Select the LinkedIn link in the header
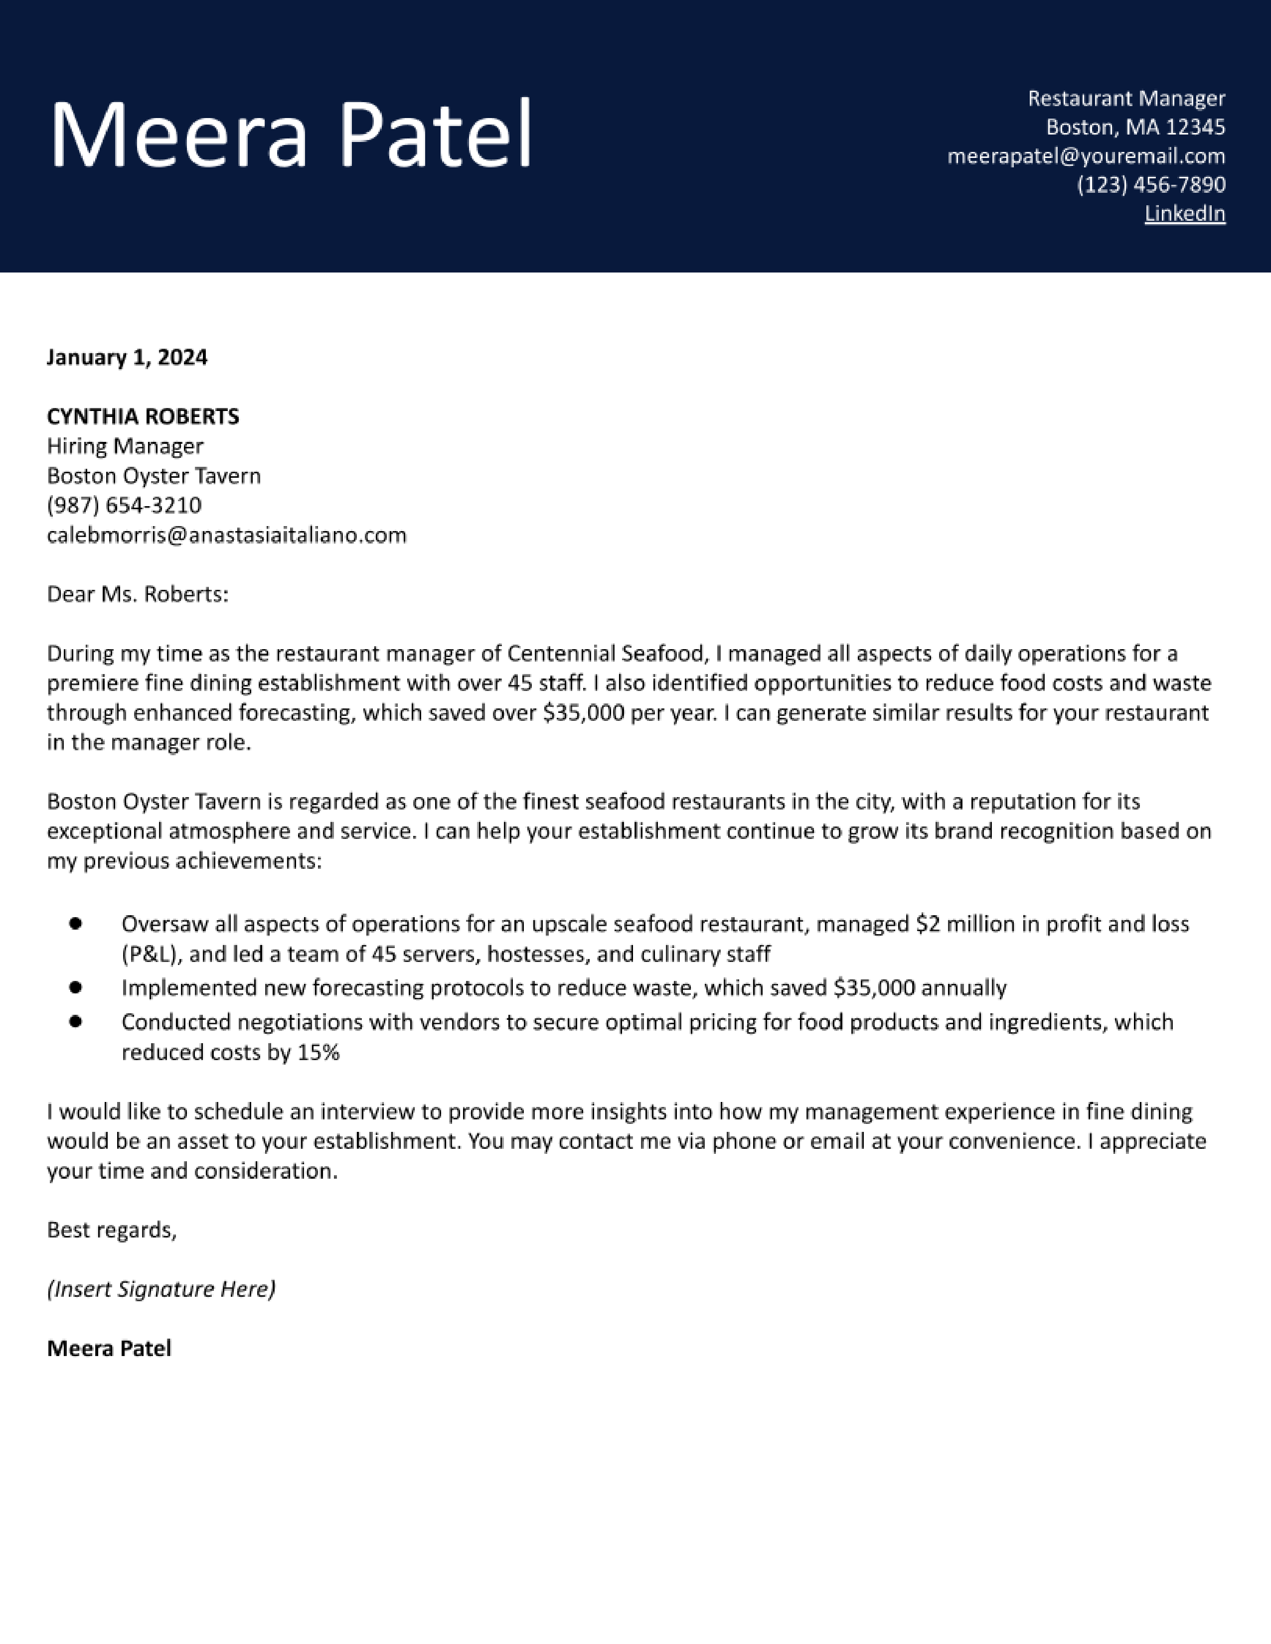tap(1184, 214)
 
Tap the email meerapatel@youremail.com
tap(1086, 156)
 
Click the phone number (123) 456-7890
tap(1150, 184)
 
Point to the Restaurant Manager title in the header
tap(1126, 98)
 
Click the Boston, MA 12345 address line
tap(1135, 127)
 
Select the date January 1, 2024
tap(127, 357)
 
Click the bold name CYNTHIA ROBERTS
tap(143, 416)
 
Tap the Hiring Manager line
tap(125, 446)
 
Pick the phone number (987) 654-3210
tap(124, 505)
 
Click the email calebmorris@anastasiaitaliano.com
tap(226, 535)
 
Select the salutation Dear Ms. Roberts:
tap(137, 595)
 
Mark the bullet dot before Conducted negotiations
tap(75, 1021)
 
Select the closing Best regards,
tap(112, 1230)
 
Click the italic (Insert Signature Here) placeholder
tap(161, 1289)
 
